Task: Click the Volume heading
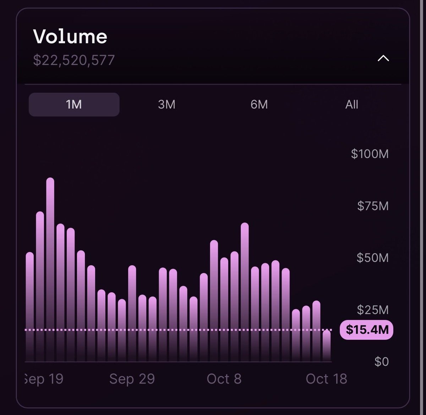point(70,37)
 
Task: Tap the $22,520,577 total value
point(74,60)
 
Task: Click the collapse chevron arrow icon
point(383,59)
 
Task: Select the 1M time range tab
point(74,105)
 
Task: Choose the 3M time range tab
point(166,105)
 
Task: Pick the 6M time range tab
point(259,105)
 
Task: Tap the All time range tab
point(351,105)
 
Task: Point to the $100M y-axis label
point(370,154)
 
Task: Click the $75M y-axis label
point(373,206)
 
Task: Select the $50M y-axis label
point(372,258)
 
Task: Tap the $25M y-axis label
point(372,310)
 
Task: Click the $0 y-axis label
point(381,362)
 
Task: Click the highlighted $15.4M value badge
point(367,330)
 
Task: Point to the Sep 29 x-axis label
point(132,379)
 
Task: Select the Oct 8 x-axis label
point(224,379)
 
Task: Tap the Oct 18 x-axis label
point(326,379)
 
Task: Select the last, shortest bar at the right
point(327,346)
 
